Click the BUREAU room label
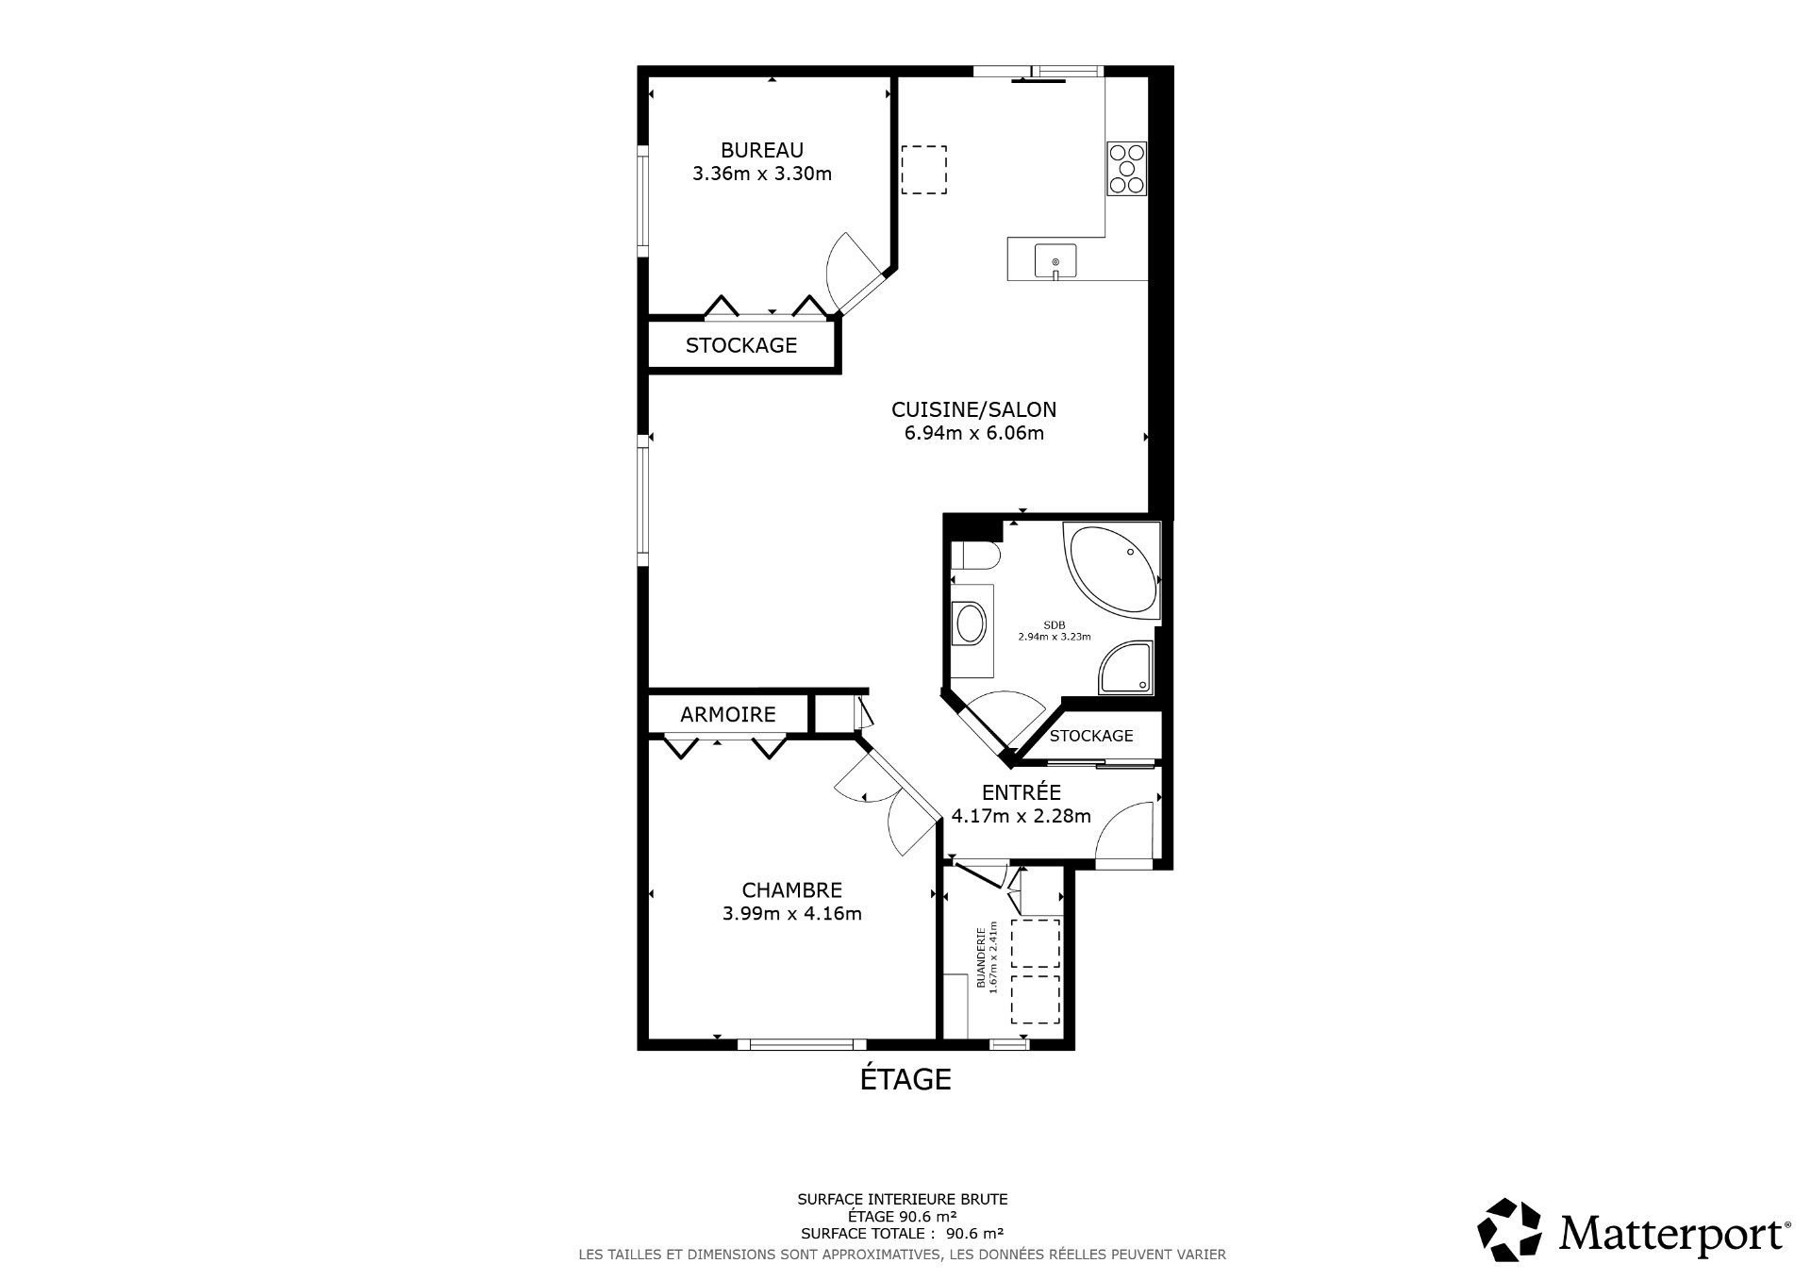[762, 150]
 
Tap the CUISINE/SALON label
[974, 409]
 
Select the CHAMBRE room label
[792, 889]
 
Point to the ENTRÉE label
[1022, 792]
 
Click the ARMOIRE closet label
[728, 715]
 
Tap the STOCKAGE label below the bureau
[741, 345]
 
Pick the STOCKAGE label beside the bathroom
[1091, 736]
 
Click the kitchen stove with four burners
[1126, 168]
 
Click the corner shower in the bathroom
[1126, 669]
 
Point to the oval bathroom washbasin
[970, 623]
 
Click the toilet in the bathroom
[973, 556]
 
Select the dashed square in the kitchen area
[924, 170]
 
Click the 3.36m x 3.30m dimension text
[762, 174]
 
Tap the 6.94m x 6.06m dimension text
[974, 434]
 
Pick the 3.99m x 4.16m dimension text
[792, 913]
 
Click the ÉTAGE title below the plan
[905, 1078]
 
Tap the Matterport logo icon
[1509, 1230]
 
